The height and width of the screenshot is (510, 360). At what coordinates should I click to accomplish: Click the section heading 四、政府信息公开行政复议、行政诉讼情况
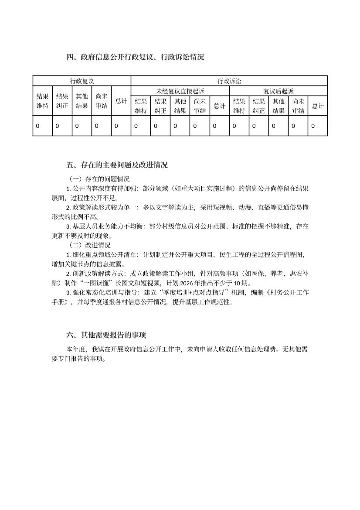click(x=135, y=57)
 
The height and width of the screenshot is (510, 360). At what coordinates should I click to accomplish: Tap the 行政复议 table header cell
click(x=82, y=81)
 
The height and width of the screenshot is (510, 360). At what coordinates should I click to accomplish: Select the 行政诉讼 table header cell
click(x=229, y=81)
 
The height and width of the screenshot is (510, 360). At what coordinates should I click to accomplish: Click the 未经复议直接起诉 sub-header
click(x=180, y=91)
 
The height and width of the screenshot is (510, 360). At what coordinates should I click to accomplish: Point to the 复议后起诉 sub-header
click(x=278, y=91)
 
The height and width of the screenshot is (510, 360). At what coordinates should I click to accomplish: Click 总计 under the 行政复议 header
click(x=121, y=101)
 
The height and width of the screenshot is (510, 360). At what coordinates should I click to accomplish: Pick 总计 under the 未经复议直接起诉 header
click(x=219, y=106)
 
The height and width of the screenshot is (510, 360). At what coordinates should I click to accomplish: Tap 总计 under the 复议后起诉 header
click(x=318, y=106)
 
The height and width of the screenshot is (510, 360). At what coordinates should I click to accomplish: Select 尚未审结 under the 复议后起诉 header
click(x=298, y=106)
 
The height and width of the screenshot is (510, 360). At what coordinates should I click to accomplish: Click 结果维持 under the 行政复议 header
click(x=42, y=101)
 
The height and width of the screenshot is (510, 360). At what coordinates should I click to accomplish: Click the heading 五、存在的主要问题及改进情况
click(x=117, y=165)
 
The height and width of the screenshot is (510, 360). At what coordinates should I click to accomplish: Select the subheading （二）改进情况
click(x=90, y=245)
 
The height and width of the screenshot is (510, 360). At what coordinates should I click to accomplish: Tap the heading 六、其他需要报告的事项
click(x=106, y=335)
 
